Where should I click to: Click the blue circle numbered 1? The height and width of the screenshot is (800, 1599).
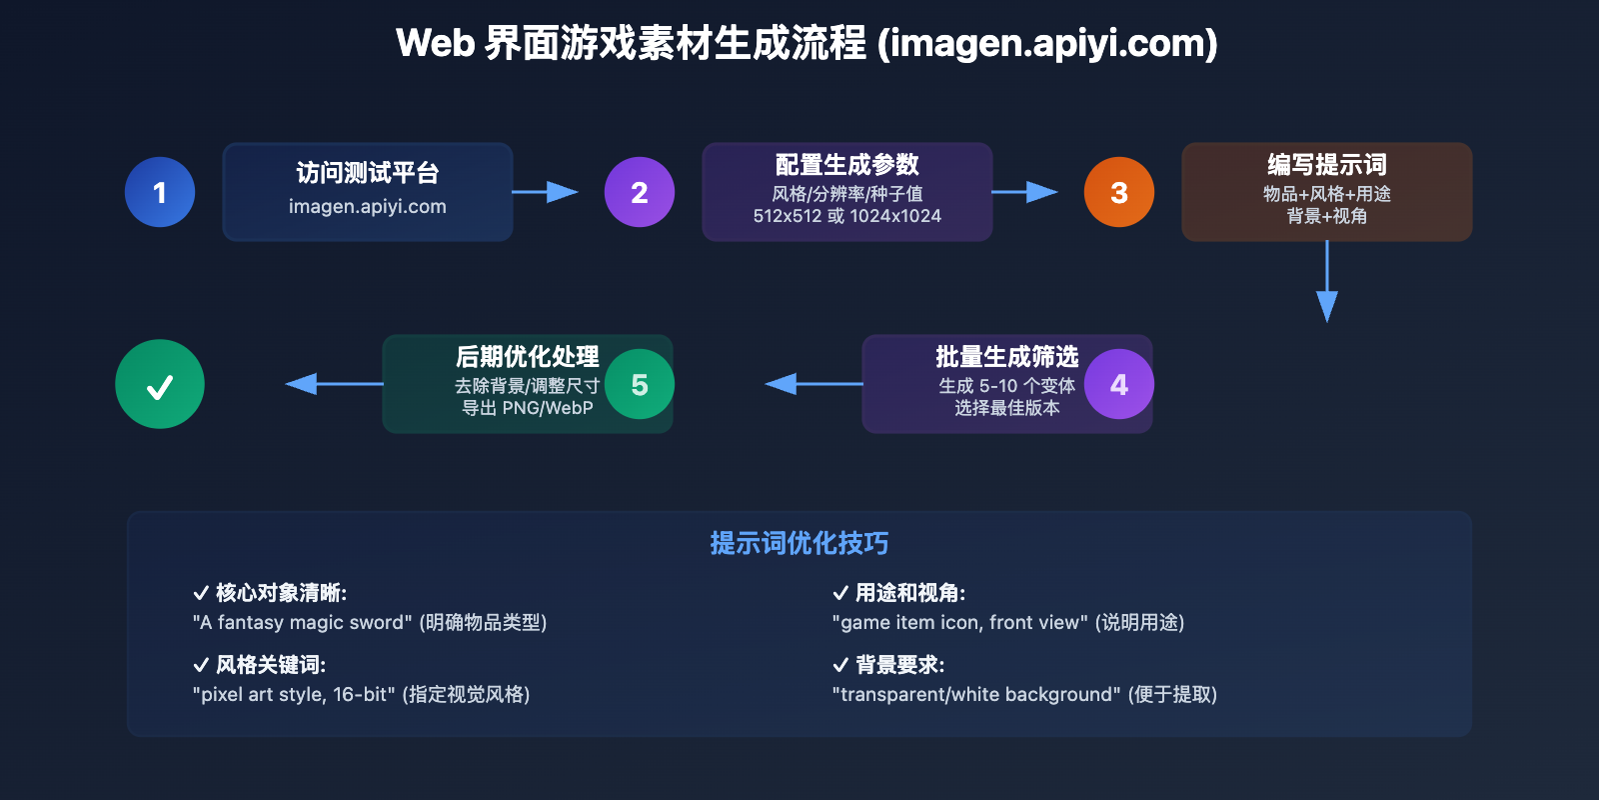160,192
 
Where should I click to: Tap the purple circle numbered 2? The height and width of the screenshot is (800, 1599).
640,192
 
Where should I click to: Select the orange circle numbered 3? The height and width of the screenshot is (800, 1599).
1119,192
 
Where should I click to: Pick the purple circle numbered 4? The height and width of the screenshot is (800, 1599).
1119,384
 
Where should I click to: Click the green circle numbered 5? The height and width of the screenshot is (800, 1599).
640,384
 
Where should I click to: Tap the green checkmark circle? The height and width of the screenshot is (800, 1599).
160,384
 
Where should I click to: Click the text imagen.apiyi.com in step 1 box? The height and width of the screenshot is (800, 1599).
368,207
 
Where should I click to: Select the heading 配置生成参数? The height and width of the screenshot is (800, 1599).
847,164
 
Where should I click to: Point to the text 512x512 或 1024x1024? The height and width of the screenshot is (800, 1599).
847,216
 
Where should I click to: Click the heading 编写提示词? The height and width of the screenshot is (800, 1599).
1327,164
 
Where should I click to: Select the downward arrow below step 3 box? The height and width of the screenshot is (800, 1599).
1327,285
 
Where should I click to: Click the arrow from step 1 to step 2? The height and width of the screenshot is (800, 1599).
546,192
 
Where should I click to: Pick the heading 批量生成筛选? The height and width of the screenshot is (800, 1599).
1006,357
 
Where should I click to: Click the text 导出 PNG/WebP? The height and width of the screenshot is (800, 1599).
528,408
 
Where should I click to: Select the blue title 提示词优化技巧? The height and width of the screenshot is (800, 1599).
799,543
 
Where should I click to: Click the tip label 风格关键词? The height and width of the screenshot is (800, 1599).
270,665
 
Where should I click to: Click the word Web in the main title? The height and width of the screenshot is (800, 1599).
435,44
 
